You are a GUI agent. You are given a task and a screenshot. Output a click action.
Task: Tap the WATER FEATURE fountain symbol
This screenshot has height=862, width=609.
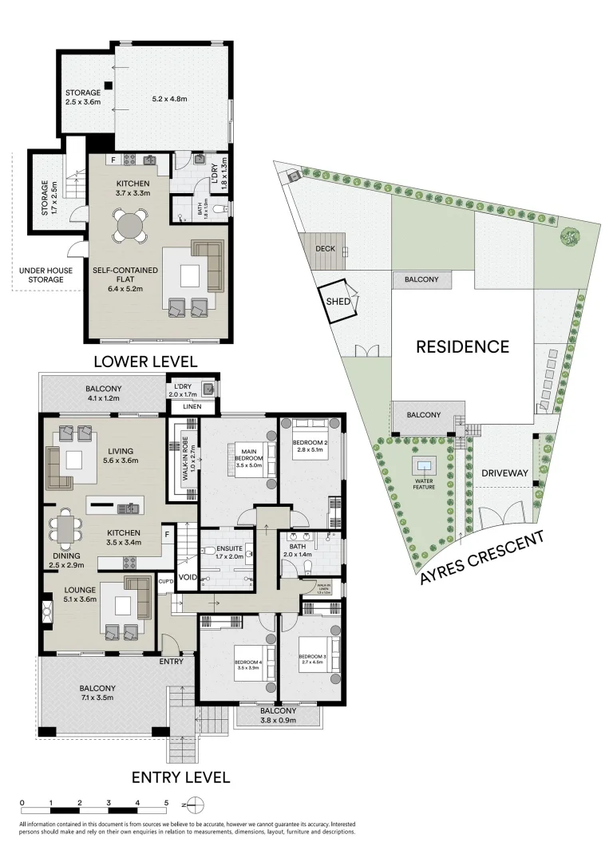tap(424, 465)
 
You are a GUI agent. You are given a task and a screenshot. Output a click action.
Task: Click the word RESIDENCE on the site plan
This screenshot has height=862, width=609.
tap(462, 346)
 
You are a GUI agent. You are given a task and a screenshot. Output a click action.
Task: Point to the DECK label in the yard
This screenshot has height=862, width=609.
tap(325, 249)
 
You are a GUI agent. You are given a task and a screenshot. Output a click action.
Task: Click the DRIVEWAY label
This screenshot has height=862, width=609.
tap(505, 473)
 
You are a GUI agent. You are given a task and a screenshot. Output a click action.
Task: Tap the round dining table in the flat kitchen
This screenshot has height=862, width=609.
tap(128, 226)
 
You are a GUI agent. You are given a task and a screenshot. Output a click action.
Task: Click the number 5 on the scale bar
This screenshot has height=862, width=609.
tap(166, 802)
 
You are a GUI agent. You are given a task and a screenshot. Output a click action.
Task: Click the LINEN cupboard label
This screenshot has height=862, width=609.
tap(191, 408)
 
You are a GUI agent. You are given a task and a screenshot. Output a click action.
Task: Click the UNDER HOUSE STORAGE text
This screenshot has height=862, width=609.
tap(46, 275)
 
